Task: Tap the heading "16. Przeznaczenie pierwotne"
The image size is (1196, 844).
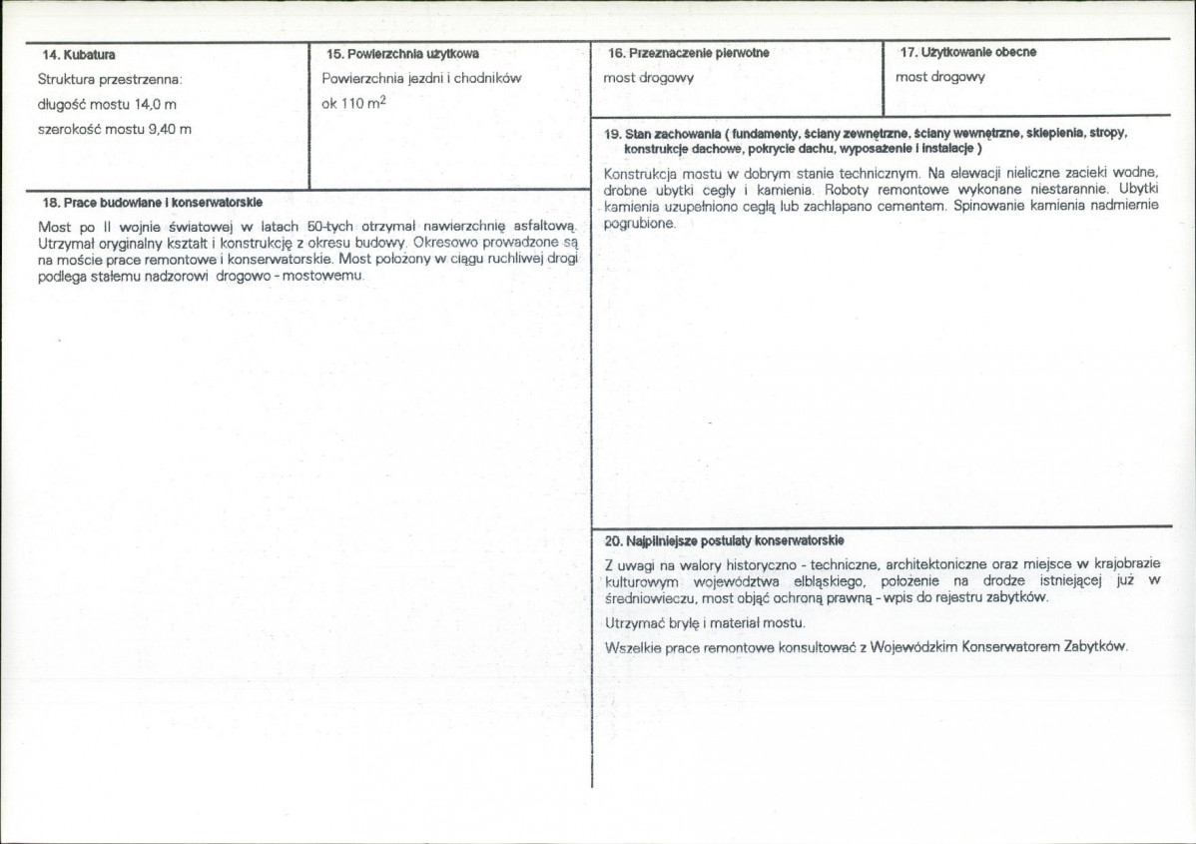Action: click(688, 53)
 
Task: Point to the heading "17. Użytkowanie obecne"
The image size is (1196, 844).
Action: click(967, 52)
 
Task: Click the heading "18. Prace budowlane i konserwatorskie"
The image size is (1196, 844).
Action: click(153, 202)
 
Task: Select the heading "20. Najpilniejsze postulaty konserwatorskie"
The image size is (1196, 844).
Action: click(725, 540)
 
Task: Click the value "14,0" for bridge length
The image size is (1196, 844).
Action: click(147, 104)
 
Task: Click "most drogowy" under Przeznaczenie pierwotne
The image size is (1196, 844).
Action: click(648, 77)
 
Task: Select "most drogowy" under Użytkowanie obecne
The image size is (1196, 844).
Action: click(939, 77)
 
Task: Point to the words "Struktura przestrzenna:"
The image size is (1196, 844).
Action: click(109, 78)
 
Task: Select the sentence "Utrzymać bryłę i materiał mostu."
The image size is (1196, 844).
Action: click(705, 623)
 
